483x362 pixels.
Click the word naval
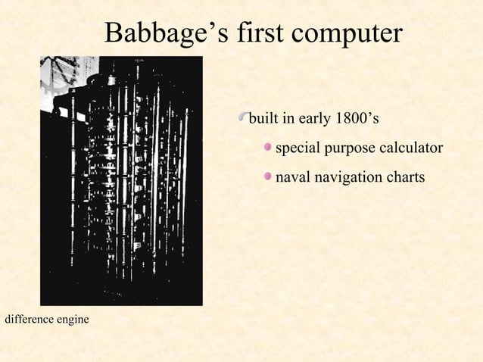click(292, 177)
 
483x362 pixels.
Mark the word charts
click(406, 177)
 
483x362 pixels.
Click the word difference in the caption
click(28, 320)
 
